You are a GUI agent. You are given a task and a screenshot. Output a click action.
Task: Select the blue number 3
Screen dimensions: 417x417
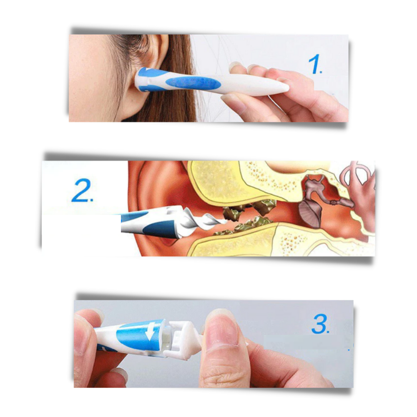click(319, 324)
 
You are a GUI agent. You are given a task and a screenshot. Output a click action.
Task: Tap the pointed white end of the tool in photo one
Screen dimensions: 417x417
click(284, 88)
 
